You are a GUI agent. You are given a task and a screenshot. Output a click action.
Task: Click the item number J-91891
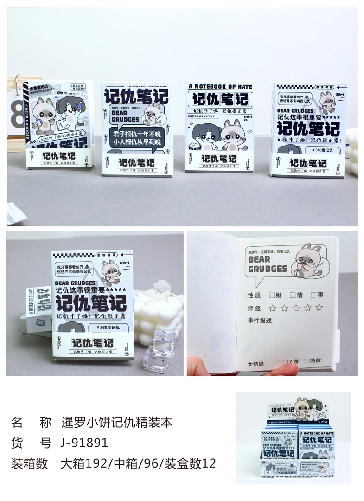click(x=85, y=443)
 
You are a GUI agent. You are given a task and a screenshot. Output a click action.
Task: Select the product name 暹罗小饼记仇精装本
click(x=117, y=423)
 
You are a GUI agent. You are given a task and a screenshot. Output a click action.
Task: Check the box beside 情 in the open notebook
click(x=293, y=295)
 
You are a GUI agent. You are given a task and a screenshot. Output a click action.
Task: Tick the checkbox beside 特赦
click(x=307, y=360)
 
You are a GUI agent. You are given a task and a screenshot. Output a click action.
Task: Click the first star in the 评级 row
click(x=273, y=308)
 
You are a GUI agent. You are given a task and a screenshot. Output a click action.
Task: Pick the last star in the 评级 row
click(x=319, y=307)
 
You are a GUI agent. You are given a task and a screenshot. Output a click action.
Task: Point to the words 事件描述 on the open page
click(x=260, y=321)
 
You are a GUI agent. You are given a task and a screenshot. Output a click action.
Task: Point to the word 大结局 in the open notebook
click(x=256, y=364)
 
